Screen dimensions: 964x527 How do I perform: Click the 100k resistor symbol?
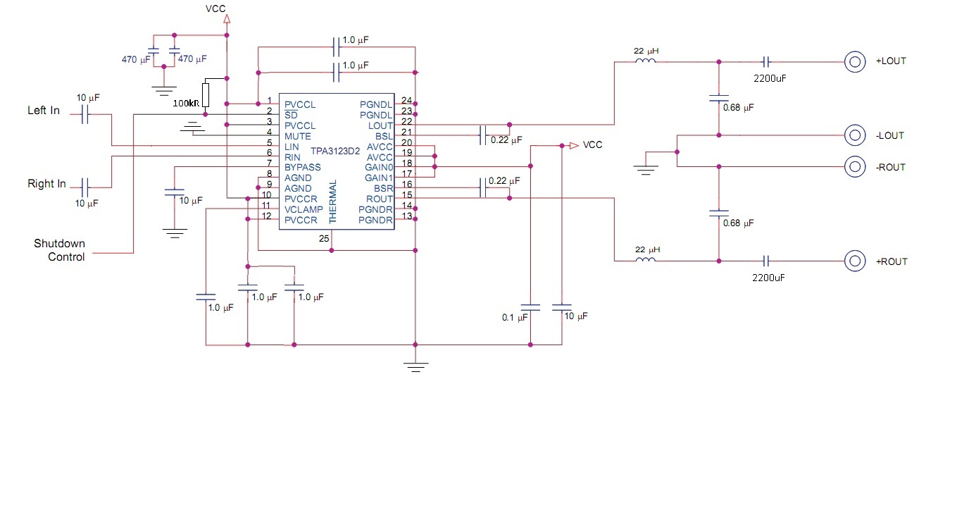point(206,95)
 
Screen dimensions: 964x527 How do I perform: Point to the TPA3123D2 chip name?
point(335,151)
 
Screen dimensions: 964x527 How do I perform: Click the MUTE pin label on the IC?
point(297,137)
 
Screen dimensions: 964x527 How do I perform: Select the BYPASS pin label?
point(303,168)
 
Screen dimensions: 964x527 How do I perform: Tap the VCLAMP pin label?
point(303,210)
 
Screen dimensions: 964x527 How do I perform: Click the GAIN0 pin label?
point(379,168)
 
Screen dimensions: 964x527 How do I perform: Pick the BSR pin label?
point(384,189)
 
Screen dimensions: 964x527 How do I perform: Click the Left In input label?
point(44,110)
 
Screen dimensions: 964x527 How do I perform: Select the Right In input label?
point(46,184)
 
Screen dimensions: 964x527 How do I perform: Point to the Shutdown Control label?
point(59,250)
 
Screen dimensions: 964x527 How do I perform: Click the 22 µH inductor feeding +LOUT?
point(646,61)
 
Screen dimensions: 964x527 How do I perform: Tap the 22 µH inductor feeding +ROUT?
point(646,259)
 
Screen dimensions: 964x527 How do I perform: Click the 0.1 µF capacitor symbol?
point(530,307)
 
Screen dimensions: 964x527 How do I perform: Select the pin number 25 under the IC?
point(324,239)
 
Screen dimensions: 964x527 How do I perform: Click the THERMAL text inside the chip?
point(332,202)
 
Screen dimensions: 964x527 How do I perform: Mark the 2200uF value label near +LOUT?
point(770,78)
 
